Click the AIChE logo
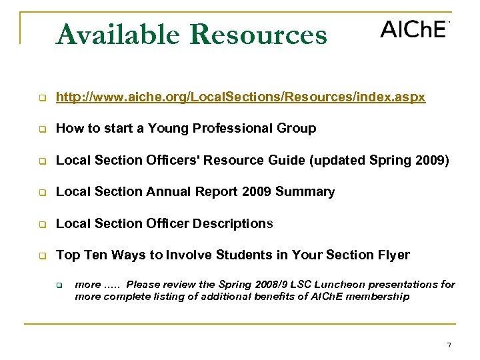(x=413, y=29)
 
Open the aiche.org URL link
(x=241, y=98)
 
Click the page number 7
(x=449, y=345)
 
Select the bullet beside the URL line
(x=41, y=99)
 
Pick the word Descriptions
(x=233, y=223)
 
